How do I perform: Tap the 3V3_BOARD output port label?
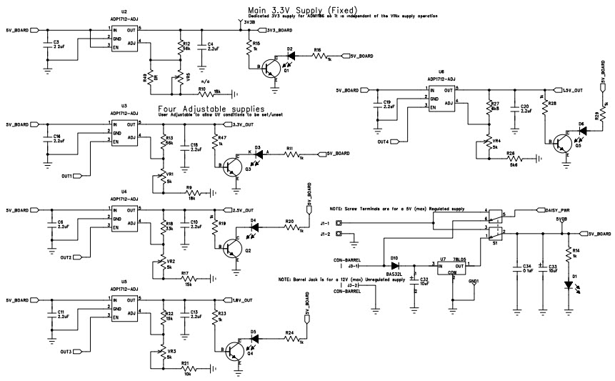pyautogui.click(x=278, y=31)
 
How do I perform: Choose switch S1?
pyautogui.click(x=494, y=224)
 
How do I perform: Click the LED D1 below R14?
pyautogui.click(x=568, y=284)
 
